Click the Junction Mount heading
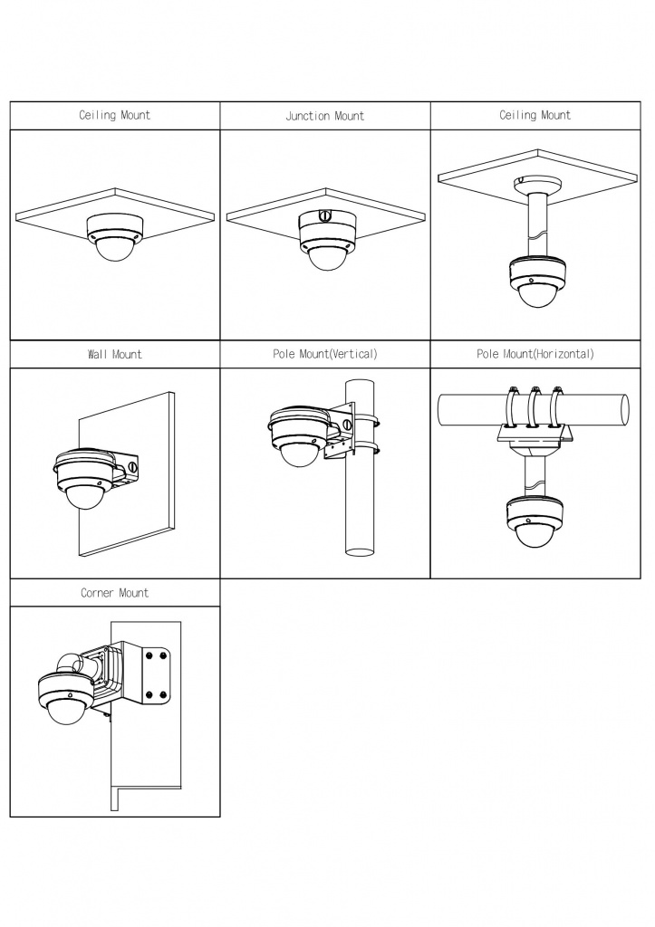click(325, 116)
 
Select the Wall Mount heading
click(115, 354)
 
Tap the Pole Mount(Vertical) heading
click(325, 354)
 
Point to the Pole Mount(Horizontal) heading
click(535, 354)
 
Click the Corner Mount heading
click(115, 592)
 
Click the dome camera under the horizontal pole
click(535, 521)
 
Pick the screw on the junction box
click(323, 216)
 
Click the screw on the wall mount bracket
click(132, 467)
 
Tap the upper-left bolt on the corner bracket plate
click(148, 655)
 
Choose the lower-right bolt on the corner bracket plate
click(163, 695)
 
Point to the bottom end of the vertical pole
click(359, 552)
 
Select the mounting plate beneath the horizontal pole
click(535, 436)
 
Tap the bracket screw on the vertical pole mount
click(347, 424)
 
